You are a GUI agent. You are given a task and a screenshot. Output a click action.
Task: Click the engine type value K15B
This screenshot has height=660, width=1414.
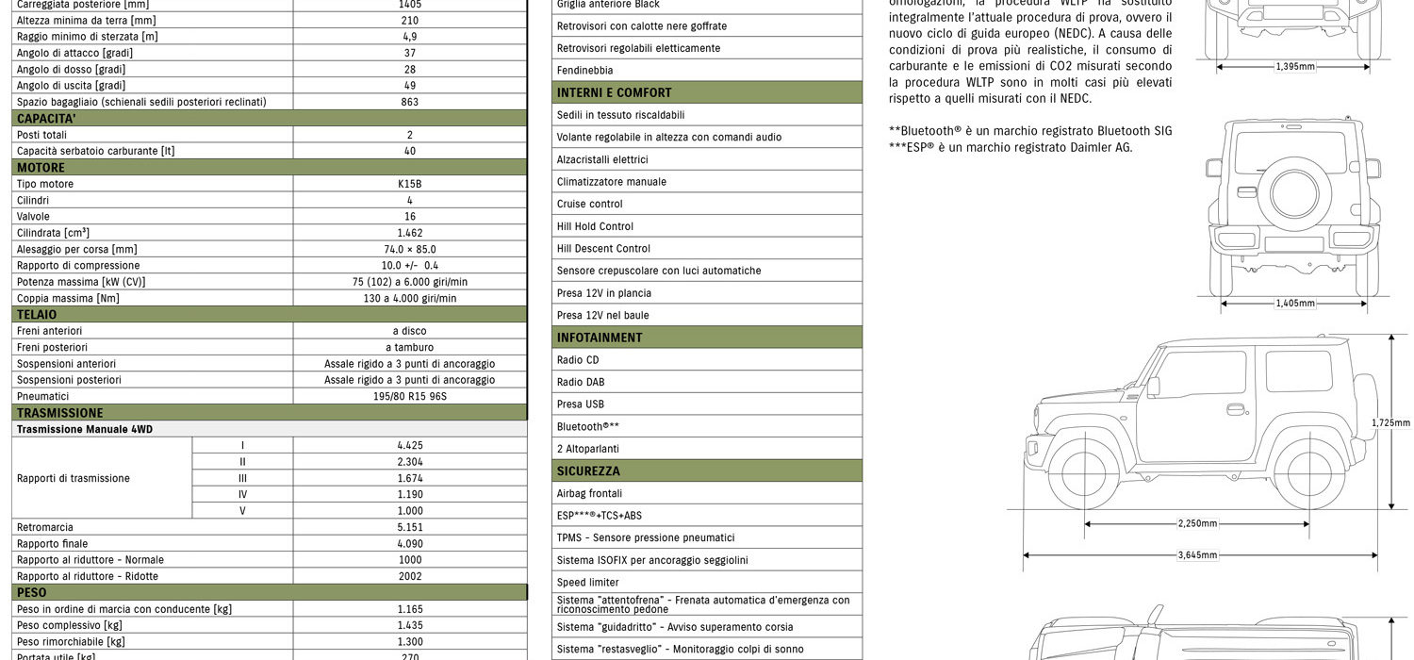click(409, 184)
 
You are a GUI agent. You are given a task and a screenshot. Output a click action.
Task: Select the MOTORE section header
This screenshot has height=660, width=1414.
click(41, 168)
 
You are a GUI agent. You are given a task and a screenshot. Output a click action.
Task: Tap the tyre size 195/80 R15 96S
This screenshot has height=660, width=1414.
click(409, 396)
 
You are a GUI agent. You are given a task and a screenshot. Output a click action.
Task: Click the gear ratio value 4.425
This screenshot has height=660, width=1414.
click(409, 445)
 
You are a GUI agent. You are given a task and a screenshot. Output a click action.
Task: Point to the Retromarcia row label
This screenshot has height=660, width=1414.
click(45, 527)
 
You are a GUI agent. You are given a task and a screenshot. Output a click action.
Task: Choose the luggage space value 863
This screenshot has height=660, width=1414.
click(409, 102)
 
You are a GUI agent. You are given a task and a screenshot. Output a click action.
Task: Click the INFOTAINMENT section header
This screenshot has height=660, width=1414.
click(600, 338)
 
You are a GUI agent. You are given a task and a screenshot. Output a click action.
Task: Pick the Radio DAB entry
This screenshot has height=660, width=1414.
click(581, 382)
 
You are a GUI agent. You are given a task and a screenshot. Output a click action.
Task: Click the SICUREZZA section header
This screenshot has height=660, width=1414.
click(588, 470)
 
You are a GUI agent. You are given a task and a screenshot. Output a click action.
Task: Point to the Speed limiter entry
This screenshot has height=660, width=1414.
click(588, 583)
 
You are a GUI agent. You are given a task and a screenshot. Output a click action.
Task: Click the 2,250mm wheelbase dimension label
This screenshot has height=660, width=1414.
click(1197, 523)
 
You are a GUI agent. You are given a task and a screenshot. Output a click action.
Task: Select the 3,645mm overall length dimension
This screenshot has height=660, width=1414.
click(1197, 555)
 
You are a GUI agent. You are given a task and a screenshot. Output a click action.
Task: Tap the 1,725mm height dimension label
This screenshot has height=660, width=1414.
click(1390, 423)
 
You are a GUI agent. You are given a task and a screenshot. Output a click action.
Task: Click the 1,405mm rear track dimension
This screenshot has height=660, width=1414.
click(1294, 304)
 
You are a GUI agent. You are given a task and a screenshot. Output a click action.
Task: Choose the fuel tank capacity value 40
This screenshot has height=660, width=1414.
click(409, 151)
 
